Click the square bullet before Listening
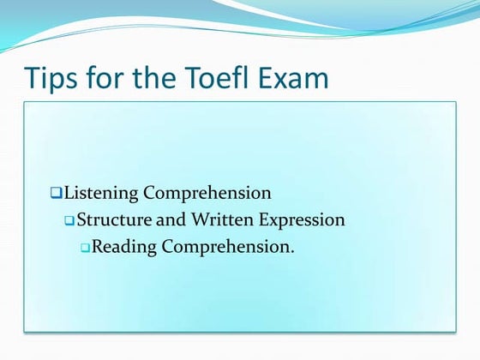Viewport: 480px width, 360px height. click(x=57, y=193)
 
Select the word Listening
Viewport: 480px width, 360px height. click(x=101, y=193)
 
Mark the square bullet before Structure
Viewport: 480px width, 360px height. click(x=70, y=220)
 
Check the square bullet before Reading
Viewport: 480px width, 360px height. click(x=85, y=248)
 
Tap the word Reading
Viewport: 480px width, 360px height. click(x=123, y=248)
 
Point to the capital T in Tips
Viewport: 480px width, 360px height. click(x=33, y=78)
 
